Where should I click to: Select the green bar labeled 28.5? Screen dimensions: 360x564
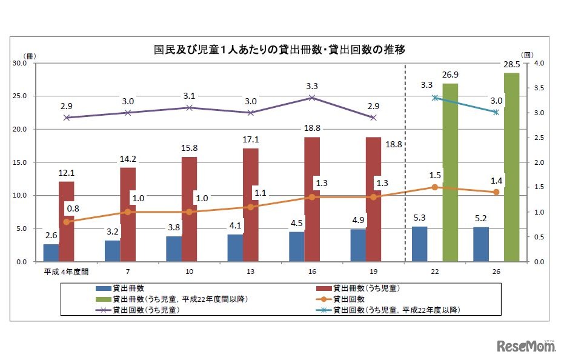pyautogui.click(x=511, y=167)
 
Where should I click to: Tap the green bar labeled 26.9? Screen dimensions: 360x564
pyautogui.click(x=450, y=172)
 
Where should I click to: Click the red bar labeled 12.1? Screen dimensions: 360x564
pyautogui.click(x=67, y=221)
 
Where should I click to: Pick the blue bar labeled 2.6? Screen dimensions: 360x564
pyautogui.click(x=51, y=253)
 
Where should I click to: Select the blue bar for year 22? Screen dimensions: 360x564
pyautogui.click(x=419, y=244)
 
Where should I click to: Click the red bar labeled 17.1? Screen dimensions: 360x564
pyautogui.click(x=251, y=205)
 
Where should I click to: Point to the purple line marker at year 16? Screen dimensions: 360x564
pyautogui.click(x=312, y=98)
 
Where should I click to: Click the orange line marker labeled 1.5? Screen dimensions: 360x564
pyautogui.click(x=434, y=187)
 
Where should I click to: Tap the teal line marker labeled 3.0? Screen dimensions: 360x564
pyautogui.click(x=496, y=112)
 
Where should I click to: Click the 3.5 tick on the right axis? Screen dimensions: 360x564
pyautogui.click(x=538, y=88)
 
